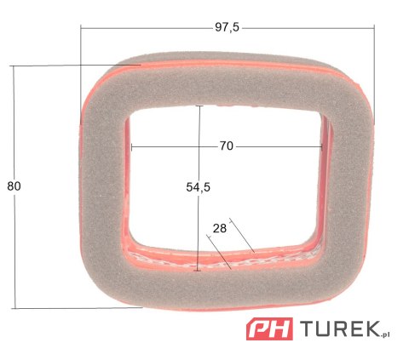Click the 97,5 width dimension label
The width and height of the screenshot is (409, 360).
(227, 27)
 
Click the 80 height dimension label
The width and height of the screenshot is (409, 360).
(14, 186)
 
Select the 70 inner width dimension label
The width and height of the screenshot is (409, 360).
(226, 146)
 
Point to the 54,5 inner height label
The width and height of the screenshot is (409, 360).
(198, 188)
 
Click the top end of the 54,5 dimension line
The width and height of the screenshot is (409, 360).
(199, 106)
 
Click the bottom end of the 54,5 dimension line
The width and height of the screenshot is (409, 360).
(199, 271)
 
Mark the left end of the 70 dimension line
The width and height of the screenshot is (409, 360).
(133, 146)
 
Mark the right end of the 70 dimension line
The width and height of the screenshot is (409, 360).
(323, 146)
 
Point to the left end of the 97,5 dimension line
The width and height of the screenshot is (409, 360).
(80, 27)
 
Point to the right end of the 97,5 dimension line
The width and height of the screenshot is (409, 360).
(374, 27)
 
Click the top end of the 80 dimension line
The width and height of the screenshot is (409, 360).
(14, 66)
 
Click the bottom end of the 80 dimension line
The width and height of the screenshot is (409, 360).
(14, 308)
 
